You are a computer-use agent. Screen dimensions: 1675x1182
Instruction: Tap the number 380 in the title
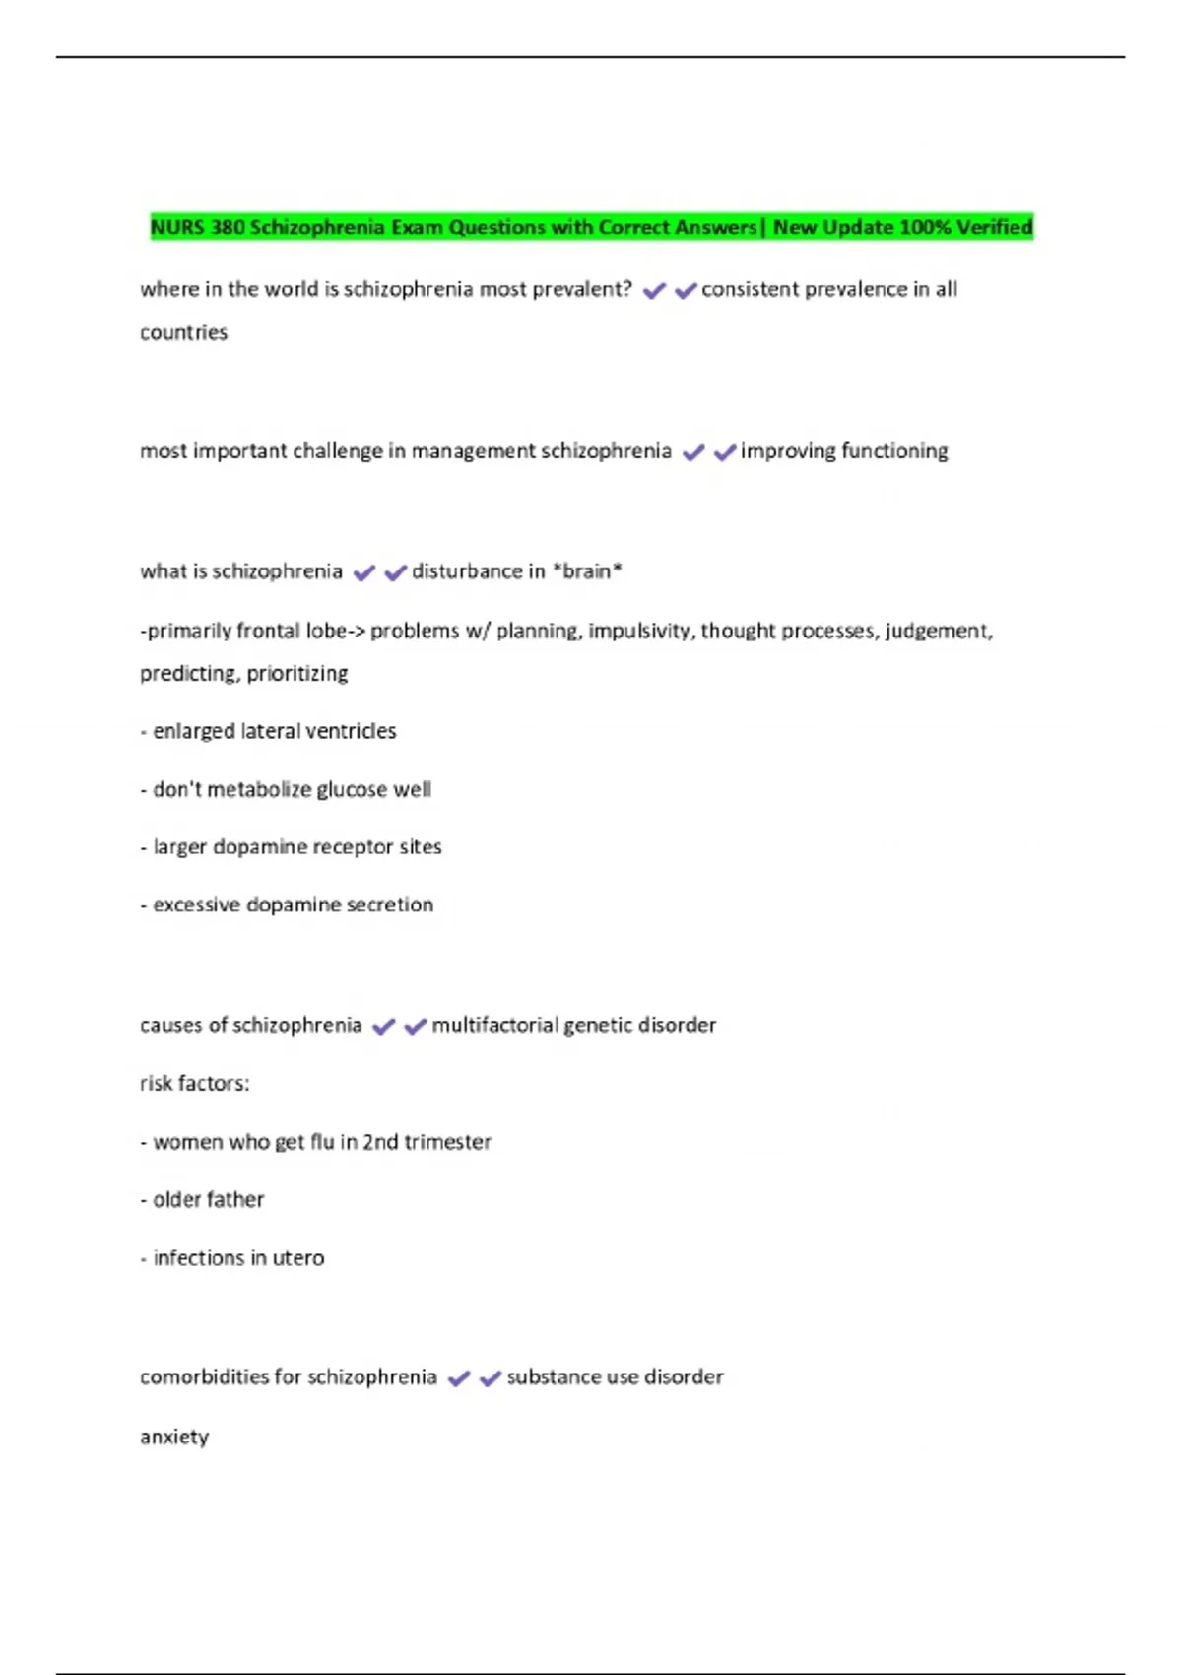(x=228, y=228)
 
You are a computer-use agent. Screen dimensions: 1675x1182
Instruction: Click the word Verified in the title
(x=995, y=228)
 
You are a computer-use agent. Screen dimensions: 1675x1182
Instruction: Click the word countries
(x=183, y=333)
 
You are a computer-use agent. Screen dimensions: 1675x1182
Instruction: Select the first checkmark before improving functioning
(x=693, y=452)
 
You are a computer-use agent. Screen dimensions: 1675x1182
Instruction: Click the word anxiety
(x=174, y=1438)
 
